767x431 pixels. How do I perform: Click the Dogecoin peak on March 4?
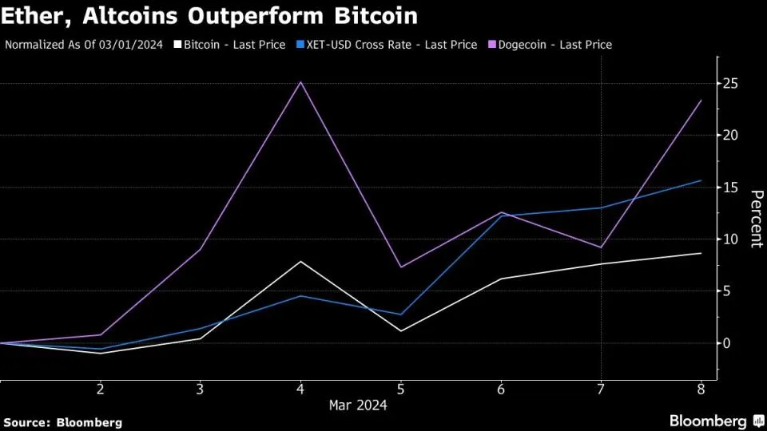[300, 81]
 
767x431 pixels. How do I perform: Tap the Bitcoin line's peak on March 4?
[300, 262]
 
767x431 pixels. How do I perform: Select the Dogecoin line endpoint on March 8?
[701, 101]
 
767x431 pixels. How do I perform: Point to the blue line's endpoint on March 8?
[701, 180]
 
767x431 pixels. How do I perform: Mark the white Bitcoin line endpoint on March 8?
[701, 253]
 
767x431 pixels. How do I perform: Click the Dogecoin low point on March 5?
[400, 267]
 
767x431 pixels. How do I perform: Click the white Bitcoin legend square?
[178, 45]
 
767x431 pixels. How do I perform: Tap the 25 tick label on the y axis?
[729, 84]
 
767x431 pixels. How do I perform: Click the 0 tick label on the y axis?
[726, 343]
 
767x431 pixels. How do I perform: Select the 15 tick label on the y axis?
[729, 188]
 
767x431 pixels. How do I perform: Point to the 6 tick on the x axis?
[500, 389]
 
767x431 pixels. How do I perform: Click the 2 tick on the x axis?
[100, 389]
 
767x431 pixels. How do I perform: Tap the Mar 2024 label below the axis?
[358, 405]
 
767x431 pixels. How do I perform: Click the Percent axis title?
[755, 219]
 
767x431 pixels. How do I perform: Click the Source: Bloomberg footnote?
[62, 421]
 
